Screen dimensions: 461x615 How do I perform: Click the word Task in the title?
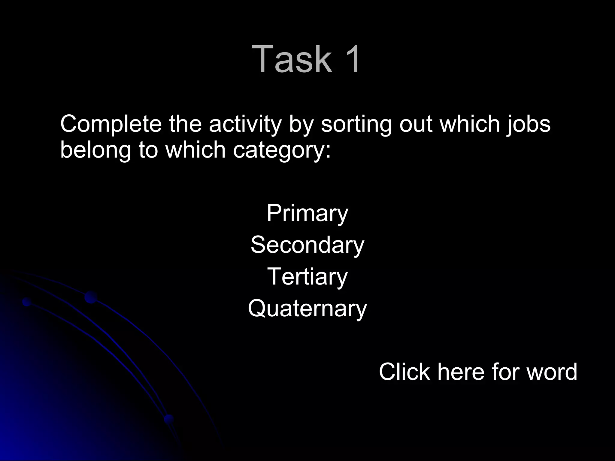(292, 59)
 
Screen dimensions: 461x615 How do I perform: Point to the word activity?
(245, 124)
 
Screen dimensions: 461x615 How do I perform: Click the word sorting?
(356, 124)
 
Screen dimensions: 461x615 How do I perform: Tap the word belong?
(95, 150)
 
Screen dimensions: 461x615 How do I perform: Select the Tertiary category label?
(307, 277)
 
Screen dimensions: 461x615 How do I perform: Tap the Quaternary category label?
(307, 309)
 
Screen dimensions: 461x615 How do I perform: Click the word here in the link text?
(461, 372)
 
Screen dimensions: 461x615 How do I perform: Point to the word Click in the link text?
(404, 372)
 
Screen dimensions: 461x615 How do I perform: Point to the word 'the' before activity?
(185, 124)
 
